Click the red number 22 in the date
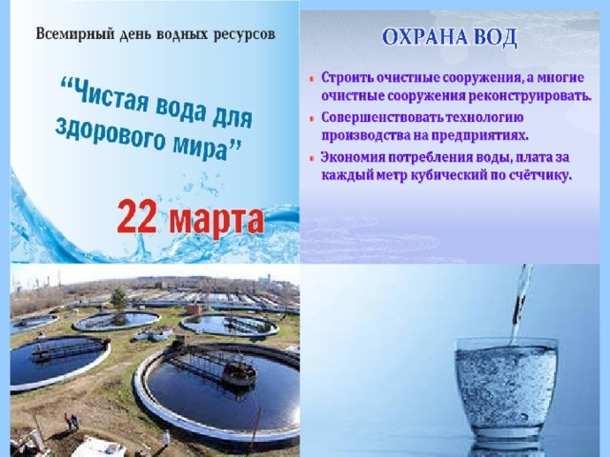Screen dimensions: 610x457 136,217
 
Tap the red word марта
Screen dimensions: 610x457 216,221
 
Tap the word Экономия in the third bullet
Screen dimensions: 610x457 354,157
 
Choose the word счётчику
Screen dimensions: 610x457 540,175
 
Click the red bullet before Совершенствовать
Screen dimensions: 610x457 312,118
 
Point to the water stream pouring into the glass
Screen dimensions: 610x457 520,304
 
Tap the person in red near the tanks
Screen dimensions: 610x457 68,421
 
